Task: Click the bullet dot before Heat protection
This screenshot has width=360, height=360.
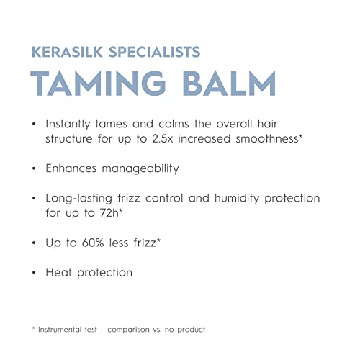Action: tap(34, 273)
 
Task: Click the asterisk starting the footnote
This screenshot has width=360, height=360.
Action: tap(33, 328)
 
